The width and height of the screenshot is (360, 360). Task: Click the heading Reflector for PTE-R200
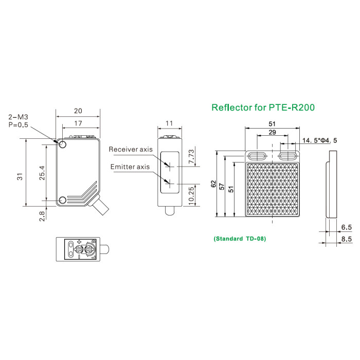(263, 107)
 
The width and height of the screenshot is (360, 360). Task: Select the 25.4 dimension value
(42, 173)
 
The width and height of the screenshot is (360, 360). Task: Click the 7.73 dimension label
(191, 156)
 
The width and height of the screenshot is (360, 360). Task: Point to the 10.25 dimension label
(191, 195)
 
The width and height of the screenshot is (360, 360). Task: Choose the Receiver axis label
(131, 149)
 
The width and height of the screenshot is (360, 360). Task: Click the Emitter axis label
(130, 167)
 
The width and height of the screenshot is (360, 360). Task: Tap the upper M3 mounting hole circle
(63, 145)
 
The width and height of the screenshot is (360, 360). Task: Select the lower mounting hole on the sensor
(63, 201)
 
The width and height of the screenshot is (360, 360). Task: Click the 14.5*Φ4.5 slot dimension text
(319, 140)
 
